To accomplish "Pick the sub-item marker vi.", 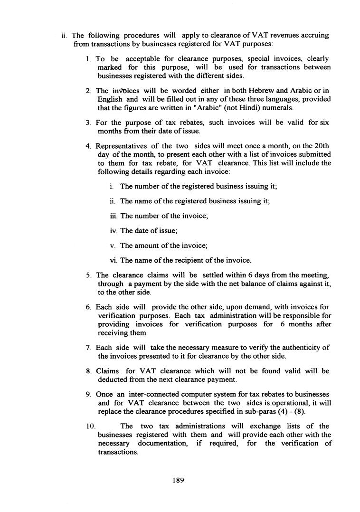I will (114, 260).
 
